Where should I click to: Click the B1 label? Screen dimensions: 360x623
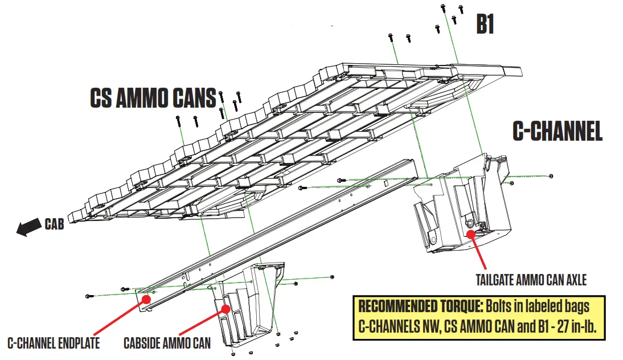[485, 24]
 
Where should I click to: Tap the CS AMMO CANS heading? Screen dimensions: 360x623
[153, 99]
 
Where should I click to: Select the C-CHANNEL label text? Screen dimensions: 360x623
[558, 132]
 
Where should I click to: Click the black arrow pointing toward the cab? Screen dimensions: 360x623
[28, 227]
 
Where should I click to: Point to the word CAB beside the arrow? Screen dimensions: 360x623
[54, 224]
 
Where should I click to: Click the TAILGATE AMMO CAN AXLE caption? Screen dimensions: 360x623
[531, 280]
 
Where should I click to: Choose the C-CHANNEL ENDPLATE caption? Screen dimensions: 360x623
[54, 343]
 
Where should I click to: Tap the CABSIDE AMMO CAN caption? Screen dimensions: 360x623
[167, 343]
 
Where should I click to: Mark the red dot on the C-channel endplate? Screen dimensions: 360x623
[146, 298]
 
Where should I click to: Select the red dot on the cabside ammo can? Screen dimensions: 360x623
[226, 309]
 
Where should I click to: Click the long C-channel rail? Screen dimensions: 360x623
[273, 228]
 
